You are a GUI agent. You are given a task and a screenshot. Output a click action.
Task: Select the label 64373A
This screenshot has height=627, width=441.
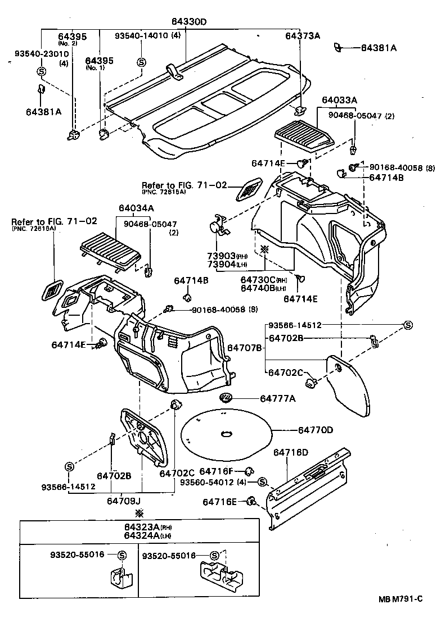[302, 35]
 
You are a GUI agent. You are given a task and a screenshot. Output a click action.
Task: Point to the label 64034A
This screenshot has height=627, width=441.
[136, 207]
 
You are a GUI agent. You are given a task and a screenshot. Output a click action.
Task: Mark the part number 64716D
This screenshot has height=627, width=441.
[291, 452]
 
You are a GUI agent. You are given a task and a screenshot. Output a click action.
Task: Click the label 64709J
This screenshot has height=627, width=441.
[124, 500]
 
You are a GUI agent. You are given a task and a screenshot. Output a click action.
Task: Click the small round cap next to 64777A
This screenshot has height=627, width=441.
[226, 398]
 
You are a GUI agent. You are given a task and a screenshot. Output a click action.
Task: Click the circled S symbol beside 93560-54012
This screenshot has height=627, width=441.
[262, 482]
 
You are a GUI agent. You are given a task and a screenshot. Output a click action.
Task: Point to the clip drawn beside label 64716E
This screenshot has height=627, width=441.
[253, 499]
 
